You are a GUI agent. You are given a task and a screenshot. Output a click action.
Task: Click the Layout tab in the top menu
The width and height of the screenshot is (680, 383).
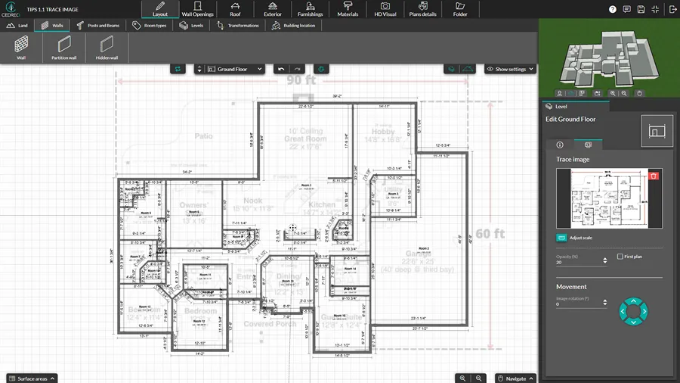[159, 9]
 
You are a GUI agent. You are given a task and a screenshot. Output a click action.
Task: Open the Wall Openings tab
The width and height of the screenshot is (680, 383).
[197, 9]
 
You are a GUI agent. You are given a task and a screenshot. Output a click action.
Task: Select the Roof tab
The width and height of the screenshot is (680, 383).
[235, 9]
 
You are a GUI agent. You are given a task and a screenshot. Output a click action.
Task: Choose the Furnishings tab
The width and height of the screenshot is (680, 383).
[310, 9]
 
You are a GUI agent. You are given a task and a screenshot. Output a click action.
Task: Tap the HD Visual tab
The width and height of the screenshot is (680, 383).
[385, 9]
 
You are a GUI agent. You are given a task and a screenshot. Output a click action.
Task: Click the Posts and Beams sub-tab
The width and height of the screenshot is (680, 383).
[98, 26]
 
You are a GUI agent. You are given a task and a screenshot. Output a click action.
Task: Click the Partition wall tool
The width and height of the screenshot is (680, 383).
[63, 48]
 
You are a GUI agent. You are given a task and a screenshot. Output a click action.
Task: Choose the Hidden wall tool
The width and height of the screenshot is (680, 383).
[107, 48]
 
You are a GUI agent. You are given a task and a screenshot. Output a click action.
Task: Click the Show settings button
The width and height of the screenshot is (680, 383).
[510, 69]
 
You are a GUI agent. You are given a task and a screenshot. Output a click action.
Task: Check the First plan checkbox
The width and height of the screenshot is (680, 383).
[620, 257]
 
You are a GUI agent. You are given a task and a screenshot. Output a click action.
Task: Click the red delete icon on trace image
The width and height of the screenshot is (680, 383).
[654, 176]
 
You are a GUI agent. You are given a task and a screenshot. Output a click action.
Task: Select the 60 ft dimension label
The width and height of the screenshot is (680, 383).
[489, 233]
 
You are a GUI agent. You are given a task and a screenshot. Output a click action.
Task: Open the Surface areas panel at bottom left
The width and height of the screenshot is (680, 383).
[31, 378]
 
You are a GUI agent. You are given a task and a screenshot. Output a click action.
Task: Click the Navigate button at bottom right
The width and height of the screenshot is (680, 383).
[515, 378]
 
